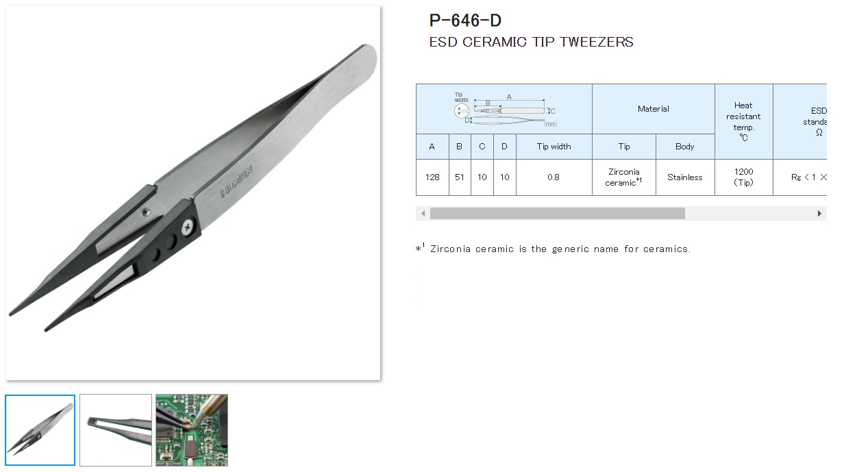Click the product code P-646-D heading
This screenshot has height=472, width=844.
(x=465, y=21)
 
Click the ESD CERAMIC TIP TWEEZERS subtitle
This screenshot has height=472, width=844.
(x=531, y=42)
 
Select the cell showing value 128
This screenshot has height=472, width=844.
(x=432, y=177)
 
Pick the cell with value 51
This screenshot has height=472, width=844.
(x=459, y=177)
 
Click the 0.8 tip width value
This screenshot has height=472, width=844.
(x=554, y=177)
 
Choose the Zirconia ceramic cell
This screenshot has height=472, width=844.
(x=623, y=177)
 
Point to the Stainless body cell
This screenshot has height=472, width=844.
(x=684, y=177)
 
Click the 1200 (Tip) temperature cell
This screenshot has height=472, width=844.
(x=743, y=177)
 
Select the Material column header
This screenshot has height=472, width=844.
(x=653, y=109)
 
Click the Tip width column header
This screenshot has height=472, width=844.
(x=554, y=147)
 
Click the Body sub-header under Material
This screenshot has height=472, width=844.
(x=684, y=147)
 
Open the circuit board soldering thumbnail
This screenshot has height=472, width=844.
(x=192, y=430)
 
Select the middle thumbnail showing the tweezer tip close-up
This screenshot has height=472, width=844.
(x=116, y=430)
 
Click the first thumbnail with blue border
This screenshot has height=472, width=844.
(x=40, y=430)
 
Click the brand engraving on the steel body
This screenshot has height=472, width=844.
(x=236, y=181)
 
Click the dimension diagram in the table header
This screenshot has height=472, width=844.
(x=504, y=109)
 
